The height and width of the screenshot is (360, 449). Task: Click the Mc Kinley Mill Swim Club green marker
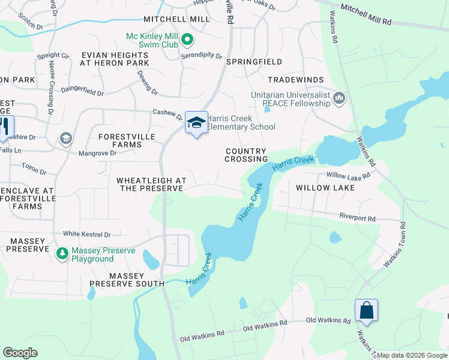pyautogui.click(x=187, y=41)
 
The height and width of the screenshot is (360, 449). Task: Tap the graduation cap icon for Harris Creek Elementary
pyautogui.click(x=196, y=123)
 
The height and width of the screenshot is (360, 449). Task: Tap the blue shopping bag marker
pyautogui.click(x=366, y=310)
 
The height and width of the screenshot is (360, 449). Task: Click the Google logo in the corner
pyautogui.click(x=20, y=353)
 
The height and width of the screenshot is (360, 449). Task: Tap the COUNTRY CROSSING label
pyautogui.click(x=246, y=155)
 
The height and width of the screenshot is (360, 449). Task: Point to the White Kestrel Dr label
pyautogui.click(x=87, y=234)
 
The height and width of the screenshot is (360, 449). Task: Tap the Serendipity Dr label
pyautogui.click(x=202, y=55)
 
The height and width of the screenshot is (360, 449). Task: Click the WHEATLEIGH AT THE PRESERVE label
pyautogui.click(x=149, y=184)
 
